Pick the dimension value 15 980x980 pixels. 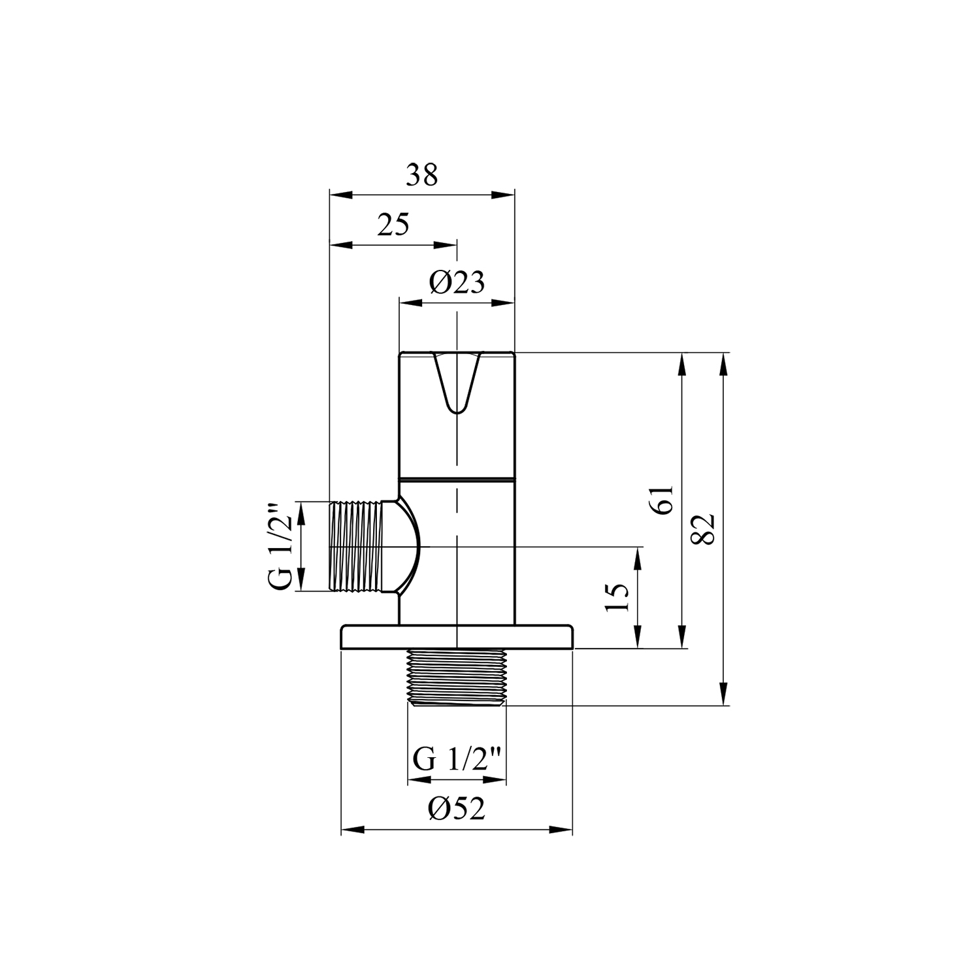pyautogui.click(x=617, y=596)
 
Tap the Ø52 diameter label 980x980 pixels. pyautogui.click(x=457, y=809)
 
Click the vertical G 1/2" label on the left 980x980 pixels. pyautogui.click(x=279, y=546)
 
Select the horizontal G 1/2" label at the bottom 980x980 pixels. pyautogui.click(x=457, y=760)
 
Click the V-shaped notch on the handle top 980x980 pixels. pyautogui.click(x=457, y=383)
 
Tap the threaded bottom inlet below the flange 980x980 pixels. pyautogui.click(x=457, y=677)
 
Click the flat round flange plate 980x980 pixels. pyautogui.click(x=457, y=637)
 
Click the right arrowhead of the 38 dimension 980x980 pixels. pyautogui.click(x=504, y=195)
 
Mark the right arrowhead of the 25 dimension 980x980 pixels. pyautogui.click(x=445, y=245)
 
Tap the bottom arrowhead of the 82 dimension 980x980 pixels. pyautogui.click(x=723, y=694)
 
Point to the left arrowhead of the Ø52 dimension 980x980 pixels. pyautogui.click(x=353, y=830)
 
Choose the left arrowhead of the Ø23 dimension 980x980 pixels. pyautogui.click(x=411, y=302)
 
